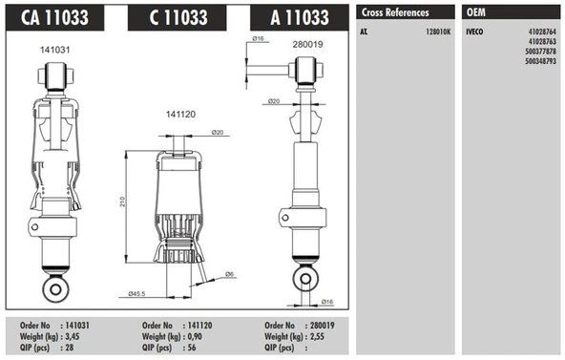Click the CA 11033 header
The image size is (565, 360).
[54, 17]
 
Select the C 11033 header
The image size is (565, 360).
[178, 17]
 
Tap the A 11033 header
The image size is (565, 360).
[300, 17]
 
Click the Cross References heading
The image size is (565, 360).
[395, 12]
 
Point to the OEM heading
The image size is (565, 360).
[476, 12]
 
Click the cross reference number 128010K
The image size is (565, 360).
[438, 32]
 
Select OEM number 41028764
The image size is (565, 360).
[542, 32]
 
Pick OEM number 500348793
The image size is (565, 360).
[540, 61]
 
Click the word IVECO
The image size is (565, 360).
[474, 32]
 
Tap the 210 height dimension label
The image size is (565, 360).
[122, 201]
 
